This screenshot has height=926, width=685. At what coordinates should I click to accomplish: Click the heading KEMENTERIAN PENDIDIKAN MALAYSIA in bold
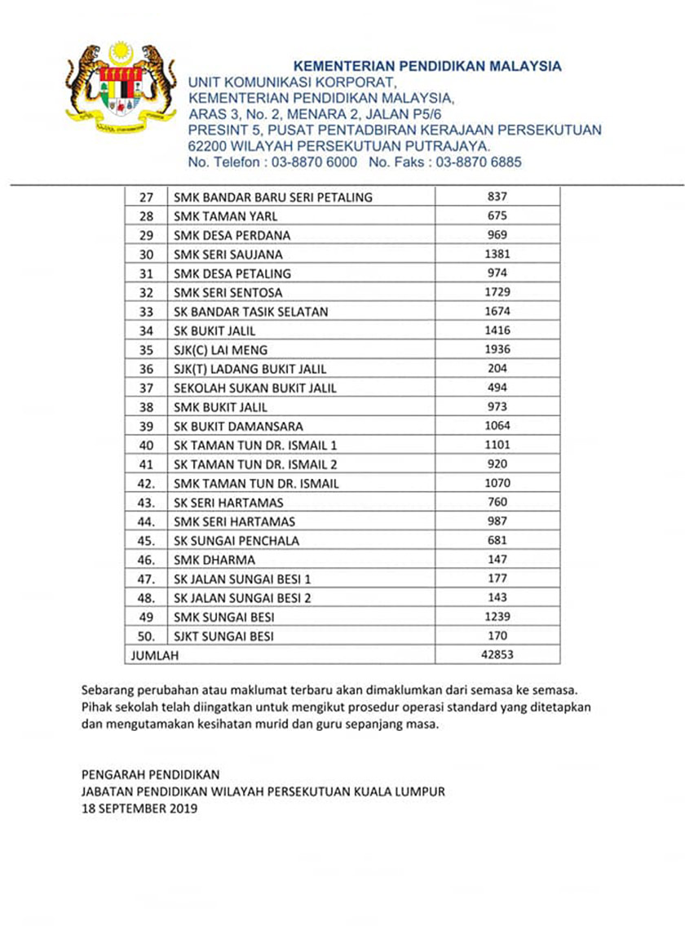pyautogui.click(x=426, y=66)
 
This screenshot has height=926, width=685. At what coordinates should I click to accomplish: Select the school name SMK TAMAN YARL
pyautogui.click(x=226, y=216)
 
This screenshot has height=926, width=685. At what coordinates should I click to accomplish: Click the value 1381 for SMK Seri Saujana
pyautogui.click(x=497, y=255)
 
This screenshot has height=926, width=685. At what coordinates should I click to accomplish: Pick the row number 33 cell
pyautogui.click(x=147, y=312)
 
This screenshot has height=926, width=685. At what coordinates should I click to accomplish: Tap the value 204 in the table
pyautogui.click(x=497, y=369)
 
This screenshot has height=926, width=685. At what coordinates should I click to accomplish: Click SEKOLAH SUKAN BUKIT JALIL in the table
pyautogui.click(x=255, y=388)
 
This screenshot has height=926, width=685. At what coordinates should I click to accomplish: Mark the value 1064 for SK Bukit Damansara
pyautogui.click(x=497, y=426)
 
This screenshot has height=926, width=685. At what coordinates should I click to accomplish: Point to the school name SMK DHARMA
pyautogui.click(x=214, y=560)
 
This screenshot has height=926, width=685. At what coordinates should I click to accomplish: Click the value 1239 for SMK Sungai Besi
pyautogui.click(x=497, y=617)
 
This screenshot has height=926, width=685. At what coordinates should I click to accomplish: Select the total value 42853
pyautogui.click(x=497, y=654)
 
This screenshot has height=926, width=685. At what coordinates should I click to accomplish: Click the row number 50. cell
pyautogui.click(x=147, y=636)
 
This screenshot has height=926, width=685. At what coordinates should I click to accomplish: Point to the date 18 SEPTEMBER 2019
pyautogui.click(x=139, y=809)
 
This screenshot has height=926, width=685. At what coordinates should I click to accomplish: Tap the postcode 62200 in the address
pyautogui.click(x=206, y=146)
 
